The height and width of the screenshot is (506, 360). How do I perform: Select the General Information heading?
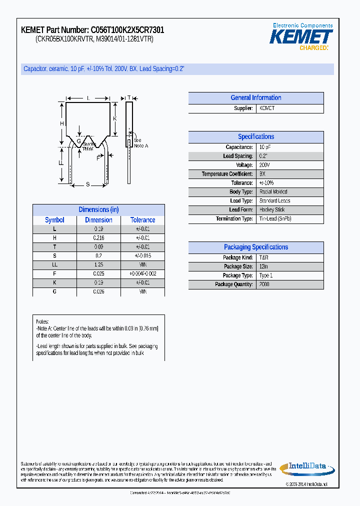coord(255,98)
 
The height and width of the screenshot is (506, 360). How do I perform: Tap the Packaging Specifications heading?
coord(255,247)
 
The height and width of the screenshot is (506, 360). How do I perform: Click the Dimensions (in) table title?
coord(98,209)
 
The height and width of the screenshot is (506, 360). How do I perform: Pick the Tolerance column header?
coord(142,220)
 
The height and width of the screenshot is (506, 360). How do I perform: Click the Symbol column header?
coord(54,220)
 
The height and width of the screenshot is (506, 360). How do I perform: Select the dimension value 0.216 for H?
coord(98,238)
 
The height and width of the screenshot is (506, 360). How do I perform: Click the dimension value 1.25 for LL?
coord(98,264)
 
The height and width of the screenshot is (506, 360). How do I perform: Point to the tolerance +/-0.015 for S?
coord(142,255)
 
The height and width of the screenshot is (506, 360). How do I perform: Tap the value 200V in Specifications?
coord(264,165)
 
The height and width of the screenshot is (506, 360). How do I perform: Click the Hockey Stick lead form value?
coord(272,210)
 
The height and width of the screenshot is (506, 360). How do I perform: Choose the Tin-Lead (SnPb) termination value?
coord(275,219)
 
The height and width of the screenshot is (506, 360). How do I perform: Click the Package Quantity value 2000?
coord(264,284)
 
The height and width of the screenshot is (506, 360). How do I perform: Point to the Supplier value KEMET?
coord(267,108)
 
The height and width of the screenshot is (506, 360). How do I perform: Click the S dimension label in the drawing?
coord(87,184)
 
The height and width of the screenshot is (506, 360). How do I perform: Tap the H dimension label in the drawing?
coord(62,123)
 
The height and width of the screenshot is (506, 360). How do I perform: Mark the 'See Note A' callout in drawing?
coord(140,143)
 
